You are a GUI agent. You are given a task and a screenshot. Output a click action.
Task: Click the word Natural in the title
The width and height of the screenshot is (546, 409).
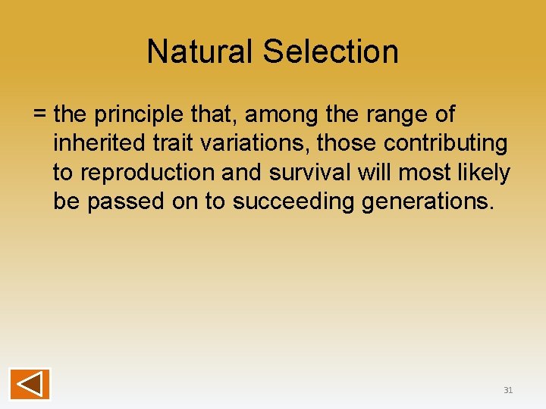[200, 52]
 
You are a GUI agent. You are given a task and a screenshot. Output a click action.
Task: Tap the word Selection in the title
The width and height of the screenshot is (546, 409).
[331, 52]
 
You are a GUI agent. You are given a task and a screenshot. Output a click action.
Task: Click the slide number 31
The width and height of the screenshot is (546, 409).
[508, 390]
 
